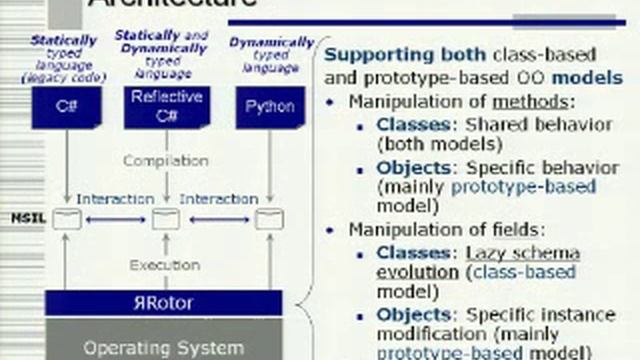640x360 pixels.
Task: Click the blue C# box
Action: (x=66, y=107)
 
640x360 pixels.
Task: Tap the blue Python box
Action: (x=270, y=107)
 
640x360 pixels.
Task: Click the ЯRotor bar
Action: (x=164, y=303)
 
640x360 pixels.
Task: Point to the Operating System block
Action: (x=164, y=347)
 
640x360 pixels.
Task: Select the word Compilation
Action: (x=166, y=160)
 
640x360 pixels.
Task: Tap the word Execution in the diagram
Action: (x=166, y=265)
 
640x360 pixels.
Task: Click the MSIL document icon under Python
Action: (x=269, y=219)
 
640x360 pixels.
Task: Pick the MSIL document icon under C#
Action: (x=66, y=219)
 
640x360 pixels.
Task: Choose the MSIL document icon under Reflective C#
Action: (x=165, y=219)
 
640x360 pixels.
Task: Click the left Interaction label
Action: (x=115, y=199)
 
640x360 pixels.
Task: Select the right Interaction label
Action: (x=219, y=199)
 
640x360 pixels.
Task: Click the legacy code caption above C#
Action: (x=63, y=76)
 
